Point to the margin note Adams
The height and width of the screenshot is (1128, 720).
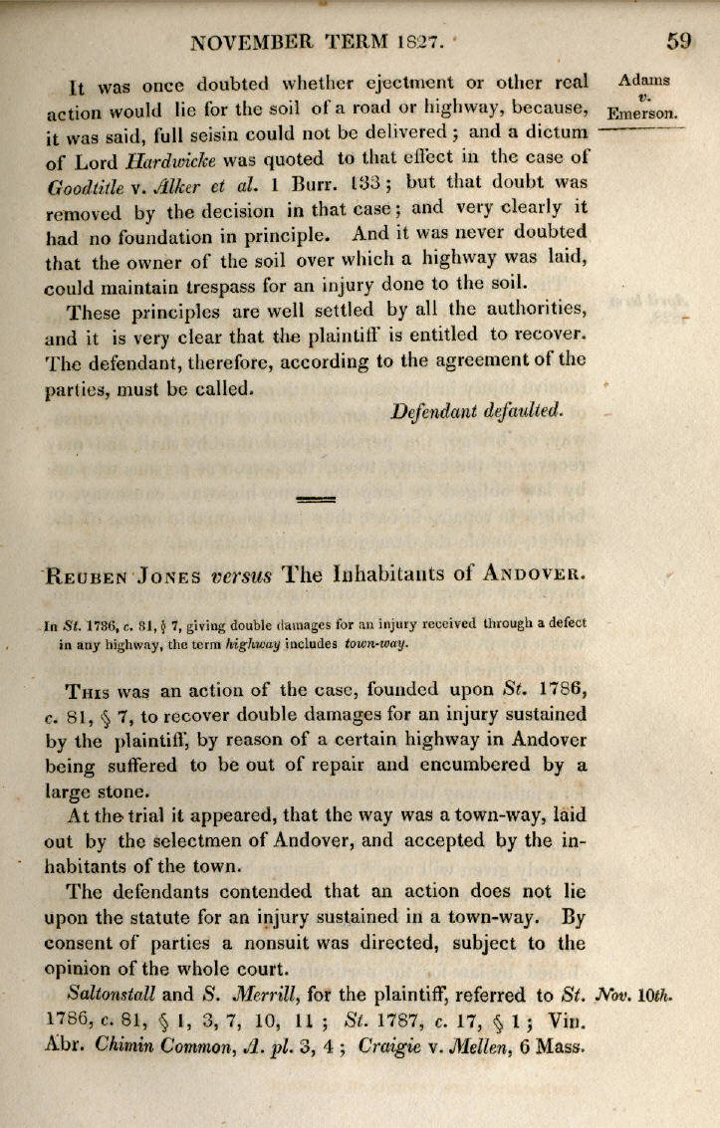click(644, 81)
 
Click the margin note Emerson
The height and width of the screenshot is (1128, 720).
click(643, 112)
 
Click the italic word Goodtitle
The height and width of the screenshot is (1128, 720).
click(86, 185)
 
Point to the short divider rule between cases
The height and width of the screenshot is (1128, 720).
click(317, 498)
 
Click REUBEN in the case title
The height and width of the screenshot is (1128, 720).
click(87, 576)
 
